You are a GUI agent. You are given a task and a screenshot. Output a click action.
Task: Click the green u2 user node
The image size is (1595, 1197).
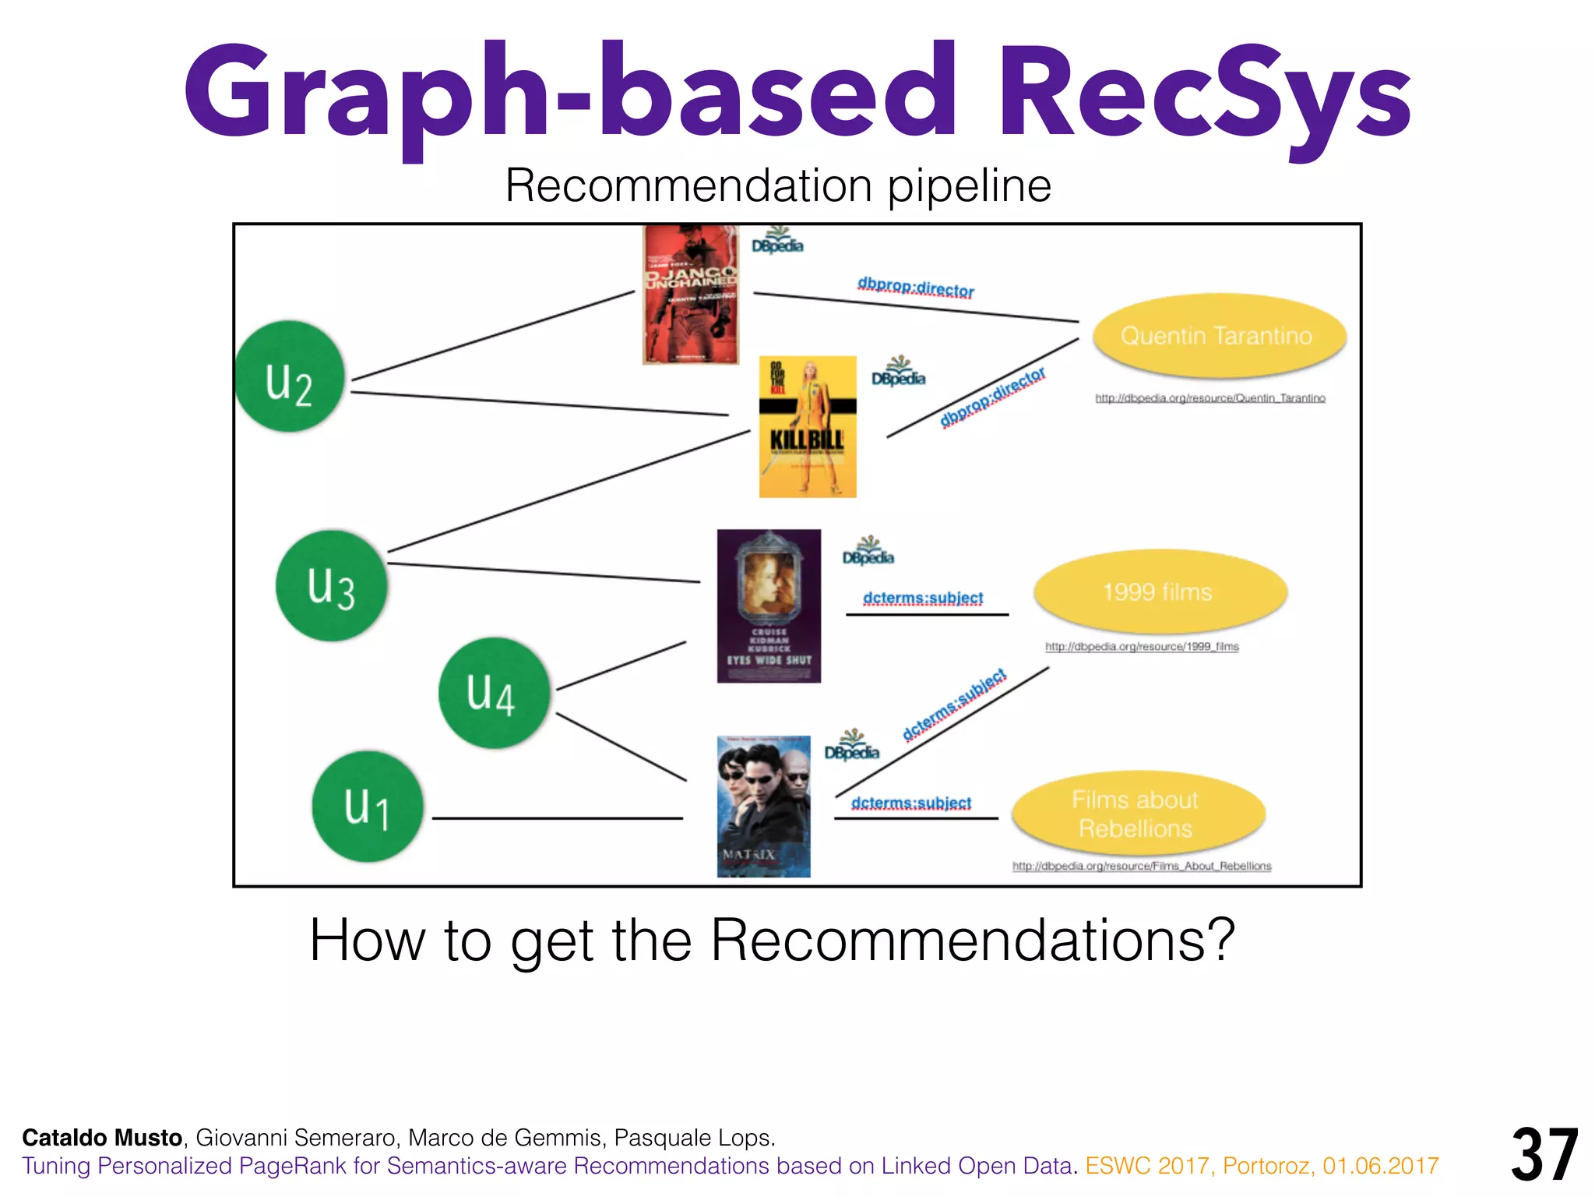point(290,377)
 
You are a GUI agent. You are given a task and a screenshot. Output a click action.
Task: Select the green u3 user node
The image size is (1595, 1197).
point(332,586)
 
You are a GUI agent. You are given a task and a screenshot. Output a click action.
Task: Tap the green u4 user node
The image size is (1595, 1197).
point(494,693)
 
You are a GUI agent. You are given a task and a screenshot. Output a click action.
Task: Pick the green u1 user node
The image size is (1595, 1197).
point(368,807)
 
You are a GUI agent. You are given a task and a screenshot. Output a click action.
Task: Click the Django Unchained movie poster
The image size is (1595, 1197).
point(690,295)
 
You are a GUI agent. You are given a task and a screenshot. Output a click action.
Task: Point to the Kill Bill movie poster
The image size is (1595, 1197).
point(808,427)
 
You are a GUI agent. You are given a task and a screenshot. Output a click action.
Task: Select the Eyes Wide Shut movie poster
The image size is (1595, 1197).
point(769,606)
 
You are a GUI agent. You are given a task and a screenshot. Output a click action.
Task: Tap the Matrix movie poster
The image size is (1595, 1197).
point(763,807)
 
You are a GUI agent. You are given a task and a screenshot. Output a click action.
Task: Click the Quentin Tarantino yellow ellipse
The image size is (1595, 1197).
point(1219,336)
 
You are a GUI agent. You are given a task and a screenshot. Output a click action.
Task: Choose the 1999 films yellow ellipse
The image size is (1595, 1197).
point(1160,592)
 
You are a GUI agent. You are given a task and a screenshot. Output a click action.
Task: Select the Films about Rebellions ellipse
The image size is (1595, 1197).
point(1137,814)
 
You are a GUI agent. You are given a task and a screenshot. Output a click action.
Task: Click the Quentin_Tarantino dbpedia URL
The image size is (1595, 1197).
point(1209,398)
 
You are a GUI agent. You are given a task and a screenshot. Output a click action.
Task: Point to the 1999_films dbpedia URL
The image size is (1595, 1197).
point(1142,647)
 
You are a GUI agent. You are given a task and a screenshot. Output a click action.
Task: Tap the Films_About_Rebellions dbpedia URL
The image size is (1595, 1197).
point(1142,867)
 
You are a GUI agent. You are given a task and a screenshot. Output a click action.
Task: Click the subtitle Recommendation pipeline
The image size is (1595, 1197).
point(778,186)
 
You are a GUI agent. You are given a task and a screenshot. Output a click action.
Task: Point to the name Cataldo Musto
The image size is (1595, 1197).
point(102,1138)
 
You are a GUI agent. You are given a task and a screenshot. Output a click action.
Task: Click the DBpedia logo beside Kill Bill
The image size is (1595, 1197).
point(898,373)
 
